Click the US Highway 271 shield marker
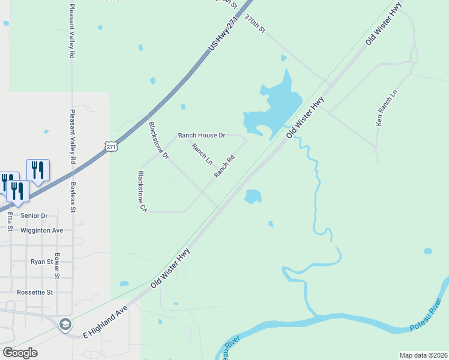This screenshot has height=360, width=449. click(110, 146)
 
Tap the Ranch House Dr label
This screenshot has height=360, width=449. click(201, 136)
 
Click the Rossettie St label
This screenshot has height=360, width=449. click(34, 292)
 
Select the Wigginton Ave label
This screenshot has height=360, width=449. click(41, 230)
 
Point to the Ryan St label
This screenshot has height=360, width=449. click(41, 262)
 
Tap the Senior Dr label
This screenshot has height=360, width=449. click(34, 215)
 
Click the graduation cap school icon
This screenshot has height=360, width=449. click(65, 325)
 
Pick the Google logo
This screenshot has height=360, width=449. click(19, 352)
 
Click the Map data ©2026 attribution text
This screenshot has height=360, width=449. click(423, 355)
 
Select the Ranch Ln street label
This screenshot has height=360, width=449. click(202, 154)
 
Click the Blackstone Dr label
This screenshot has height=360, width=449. click(158, 140)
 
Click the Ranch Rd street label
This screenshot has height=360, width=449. click(224, 166)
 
